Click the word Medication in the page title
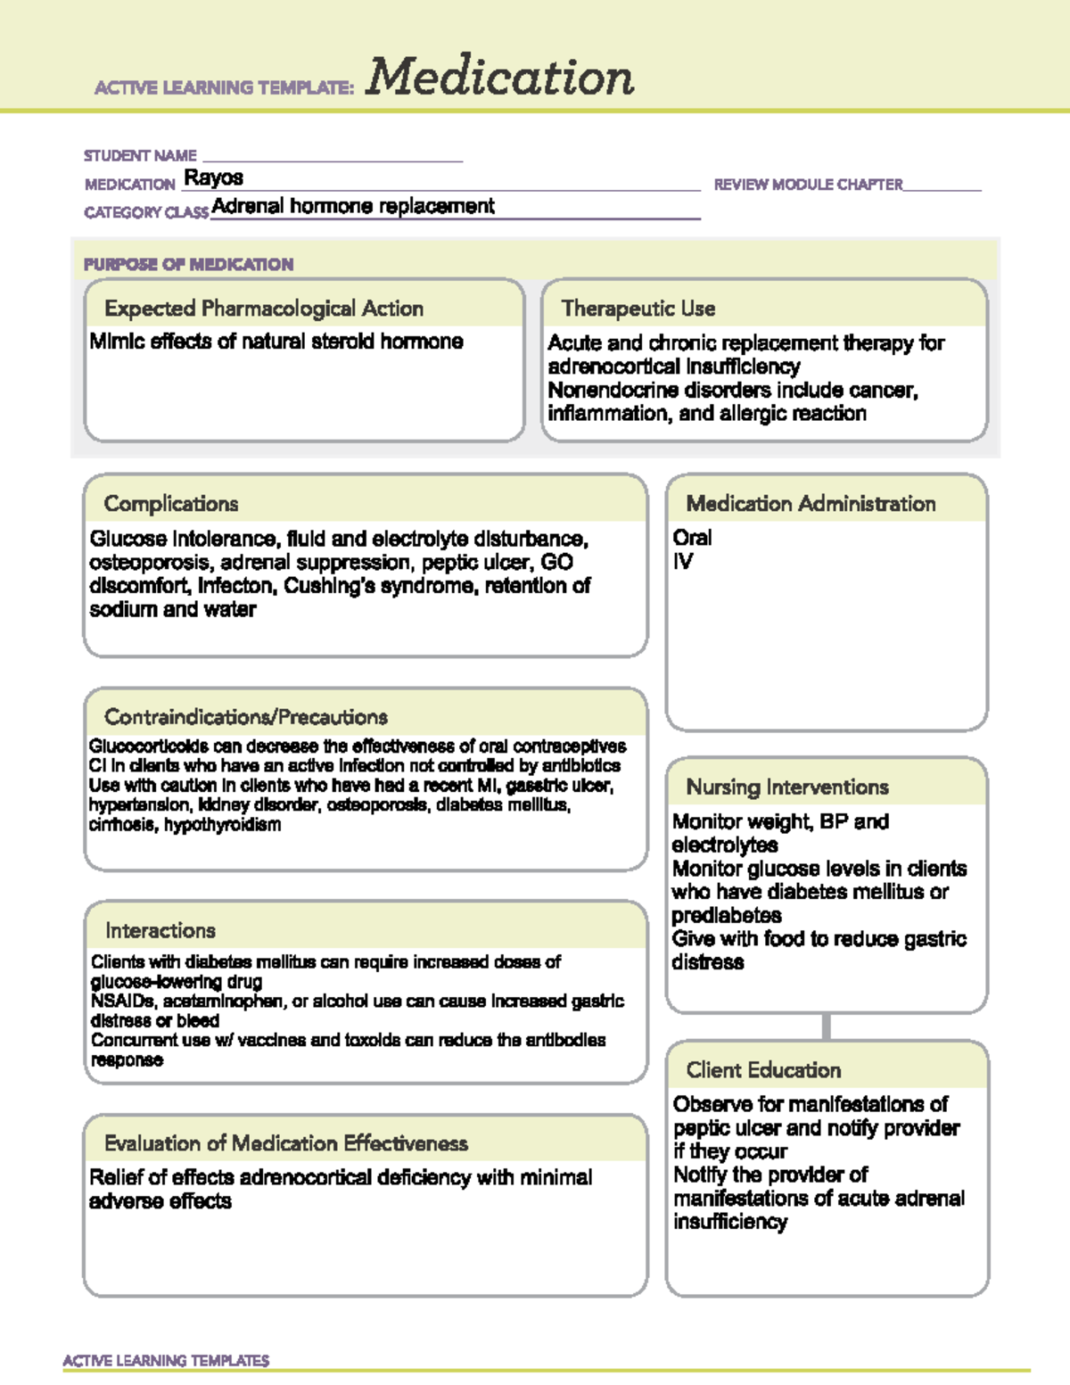coord(499,77)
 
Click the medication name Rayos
coord(213,177)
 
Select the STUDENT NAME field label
coord(140,156)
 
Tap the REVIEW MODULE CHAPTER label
coord(808,185)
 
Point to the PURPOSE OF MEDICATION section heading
coord(188,264)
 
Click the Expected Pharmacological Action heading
coord(264,309)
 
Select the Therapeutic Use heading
coord(638,309)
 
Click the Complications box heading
coord(171,504)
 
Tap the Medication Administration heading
coord(811,504)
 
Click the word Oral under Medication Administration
coord(692,538)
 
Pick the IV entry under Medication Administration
coord(683,562)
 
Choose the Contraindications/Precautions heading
coord(246,717)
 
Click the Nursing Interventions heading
coord(787,787)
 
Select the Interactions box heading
coord(160,930)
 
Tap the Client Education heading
coord(763,1070)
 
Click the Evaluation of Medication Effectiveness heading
coord(286,1143)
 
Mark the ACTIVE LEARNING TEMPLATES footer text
coord(166,1360)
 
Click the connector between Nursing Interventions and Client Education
coord(827,1026)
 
